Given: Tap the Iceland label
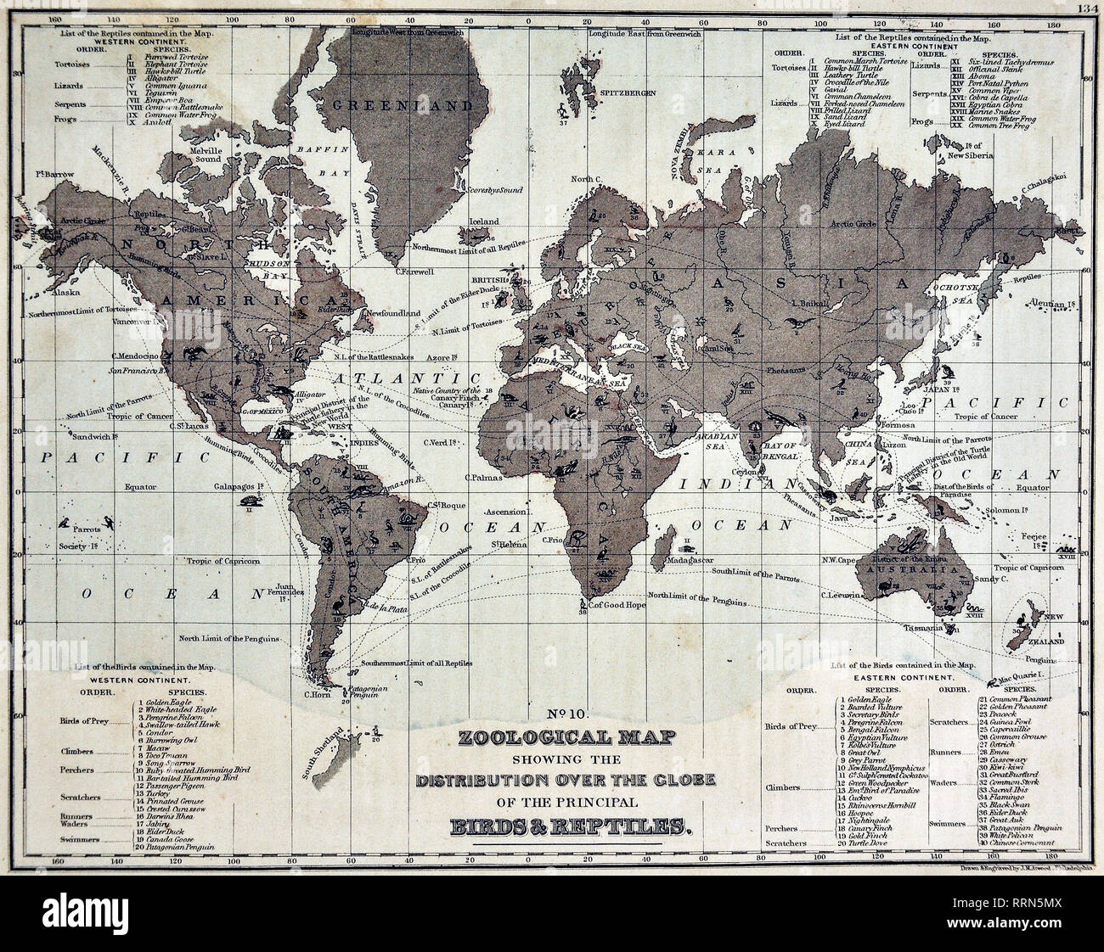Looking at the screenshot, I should pos(478,221).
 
